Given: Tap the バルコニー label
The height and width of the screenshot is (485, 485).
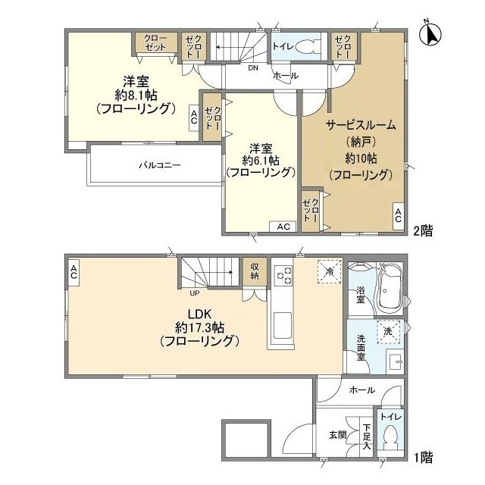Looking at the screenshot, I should point(159,164).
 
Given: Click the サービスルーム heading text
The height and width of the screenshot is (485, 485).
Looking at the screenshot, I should point(361,125).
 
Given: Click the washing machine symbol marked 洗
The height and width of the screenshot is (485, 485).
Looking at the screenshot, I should point(387,331).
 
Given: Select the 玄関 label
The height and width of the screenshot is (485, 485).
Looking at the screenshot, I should point(338,435).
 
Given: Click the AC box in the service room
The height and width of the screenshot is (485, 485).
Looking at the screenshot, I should point(398,216).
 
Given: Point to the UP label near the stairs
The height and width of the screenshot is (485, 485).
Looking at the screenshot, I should point(195,293).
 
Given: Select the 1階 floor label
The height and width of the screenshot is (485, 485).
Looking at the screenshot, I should point(423,457).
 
